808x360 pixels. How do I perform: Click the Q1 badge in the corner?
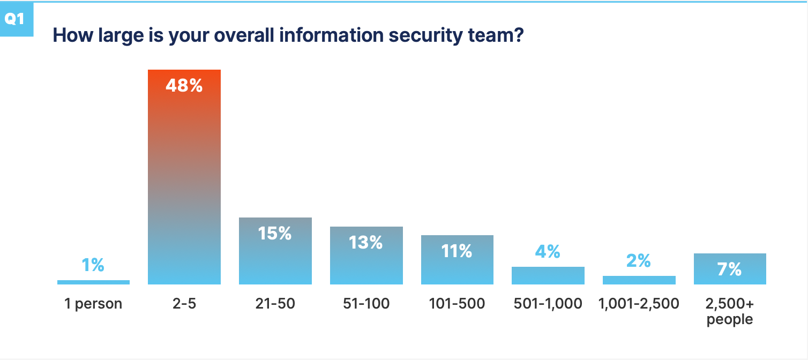click(14, 19)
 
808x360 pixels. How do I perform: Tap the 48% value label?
click(184, 86)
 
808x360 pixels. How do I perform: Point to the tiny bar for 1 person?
click(93, 282)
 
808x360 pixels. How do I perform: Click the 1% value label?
click(93, 265)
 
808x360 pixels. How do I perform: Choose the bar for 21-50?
click(275, 257)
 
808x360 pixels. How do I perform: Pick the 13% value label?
click(366, 243)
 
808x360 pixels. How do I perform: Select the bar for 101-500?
click(457, 268)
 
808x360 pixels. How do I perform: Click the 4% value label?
click(548, 251)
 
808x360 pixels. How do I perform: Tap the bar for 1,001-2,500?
click(639, 280)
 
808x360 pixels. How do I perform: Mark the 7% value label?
click(730, 269)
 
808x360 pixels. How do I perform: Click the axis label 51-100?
click(366, 304)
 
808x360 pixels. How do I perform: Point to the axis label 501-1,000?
click(548, 304)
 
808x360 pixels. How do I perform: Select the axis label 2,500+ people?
click(730, 312)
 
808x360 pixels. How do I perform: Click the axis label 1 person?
click(93, 304)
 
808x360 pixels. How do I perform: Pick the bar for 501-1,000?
click(548, 275)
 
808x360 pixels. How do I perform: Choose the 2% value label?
click(639, 261)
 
